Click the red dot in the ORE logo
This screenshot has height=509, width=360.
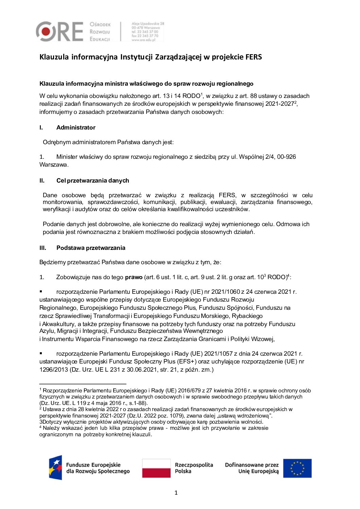pos(46,32)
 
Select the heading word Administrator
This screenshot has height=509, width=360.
pos(76,128)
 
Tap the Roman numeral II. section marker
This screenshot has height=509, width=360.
pos(42,181)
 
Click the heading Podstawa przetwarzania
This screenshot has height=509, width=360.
pos(91,248)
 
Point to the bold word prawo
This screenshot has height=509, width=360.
pos(134,277)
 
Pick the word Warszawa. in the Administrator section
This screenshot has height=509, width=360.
pos(54,165)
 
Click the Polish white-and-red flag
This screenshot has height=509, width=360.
pos(156,468)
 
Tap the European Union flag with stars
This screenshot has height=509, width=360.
pos(297,468)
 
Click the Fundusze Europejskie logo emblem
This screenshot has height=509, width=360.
pos(55,468)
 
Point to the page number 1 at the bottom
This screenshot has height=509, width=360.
pos(176,493)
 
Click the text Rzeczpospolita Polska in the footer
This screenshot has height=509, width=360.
pos(194,468)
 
